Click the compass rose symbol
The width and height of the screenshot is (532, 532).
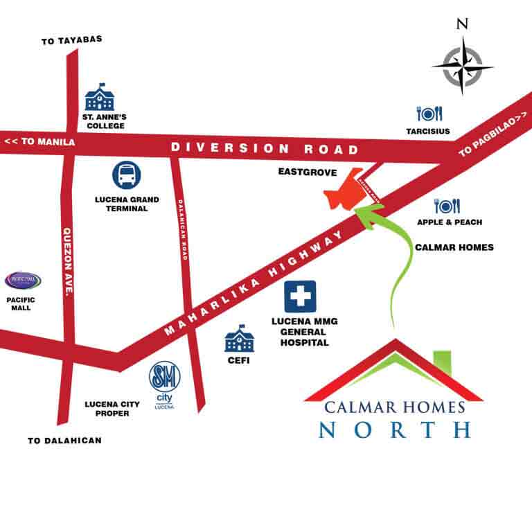[463, 67]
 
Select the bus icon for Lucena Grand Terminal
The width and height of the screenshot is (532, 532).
[127, 175]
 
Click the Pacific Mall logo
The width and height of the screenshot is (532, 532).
[23, 281]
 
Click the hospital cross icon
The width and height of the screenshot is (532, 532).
[300, 296]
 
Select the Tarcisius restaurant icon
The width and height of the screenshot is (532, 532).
[429, 113]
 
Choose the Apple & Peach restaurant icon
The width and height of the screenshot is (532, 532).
[447, 206]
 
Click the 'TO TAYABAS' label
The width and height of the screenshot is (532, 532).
[72, 40]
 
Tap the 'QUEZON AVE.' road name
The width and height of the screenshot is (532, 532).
[68, 262]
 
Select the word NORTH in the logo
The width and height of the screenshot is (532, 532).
[395, 429]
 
